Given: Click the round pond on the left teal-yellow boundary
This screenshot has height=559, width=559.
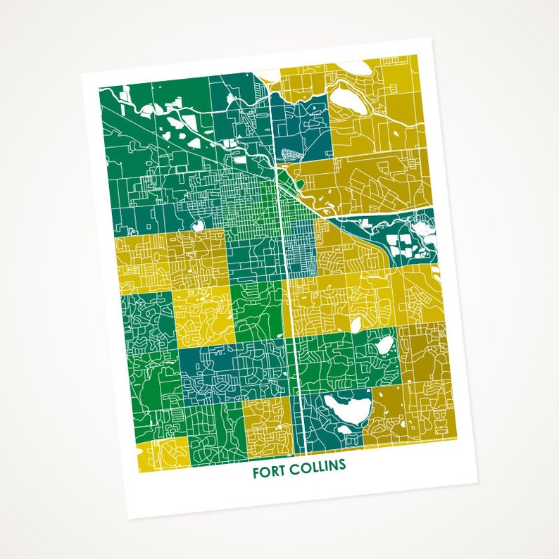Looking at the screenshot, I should tap(197, 225).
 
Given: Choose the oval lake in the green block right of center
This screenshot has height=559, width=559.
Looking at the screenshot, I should tap(384, 346).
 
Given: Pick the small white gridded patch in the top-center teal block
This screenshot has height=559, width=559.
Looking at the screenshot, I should tap(290, 156).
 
